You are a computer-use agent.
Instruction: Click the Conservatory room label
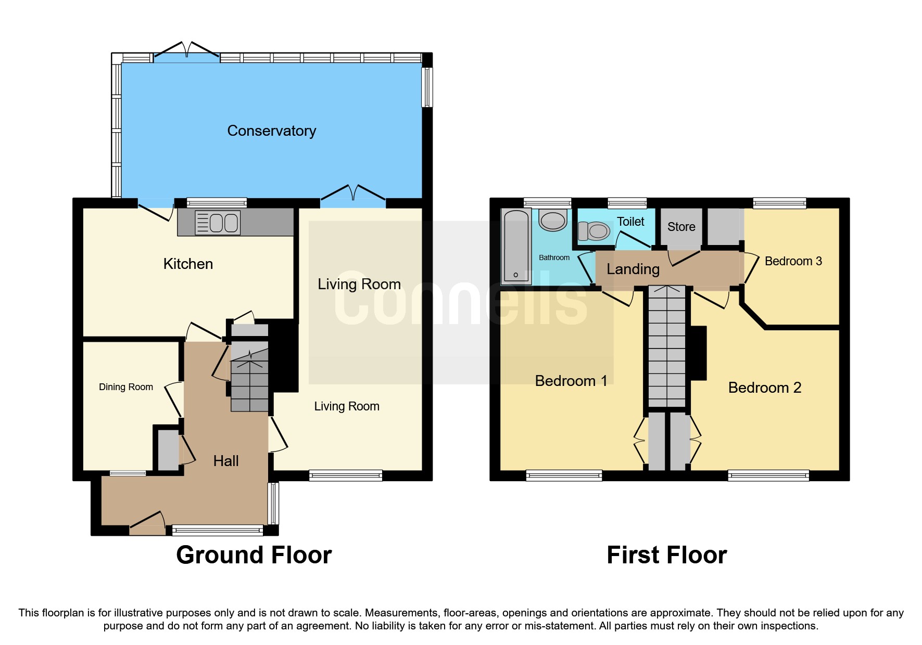(271, 131)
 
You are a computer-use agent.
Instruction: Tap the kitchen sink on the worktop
(218, 223)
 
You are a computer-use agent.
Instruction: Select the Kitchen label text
(188, 264)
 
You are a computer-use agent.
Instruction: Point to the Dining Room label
(126, 387)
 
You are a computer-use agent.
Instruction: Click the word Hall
(226, 461)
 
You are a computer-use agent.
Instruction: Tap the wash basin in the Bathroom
(552, 221)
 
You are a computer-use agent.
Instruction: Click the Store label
(681, 227)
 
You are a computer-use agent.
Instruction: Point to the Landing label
(633, 269)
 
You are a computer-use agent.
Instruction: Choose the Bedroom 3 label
(793, 261)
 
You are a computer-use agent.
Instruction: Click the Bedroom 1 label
(571, 381)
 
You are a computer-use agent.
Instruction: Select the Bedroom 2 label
(764, 388)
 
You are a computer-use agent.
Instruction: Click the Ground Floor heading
(254, 555)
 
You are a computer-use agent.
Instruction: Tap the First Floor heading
(666, 555)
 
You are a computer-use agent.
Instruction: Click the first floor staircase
(667, 346)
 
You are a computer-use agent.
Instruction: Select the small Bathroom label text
(554, 257)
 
